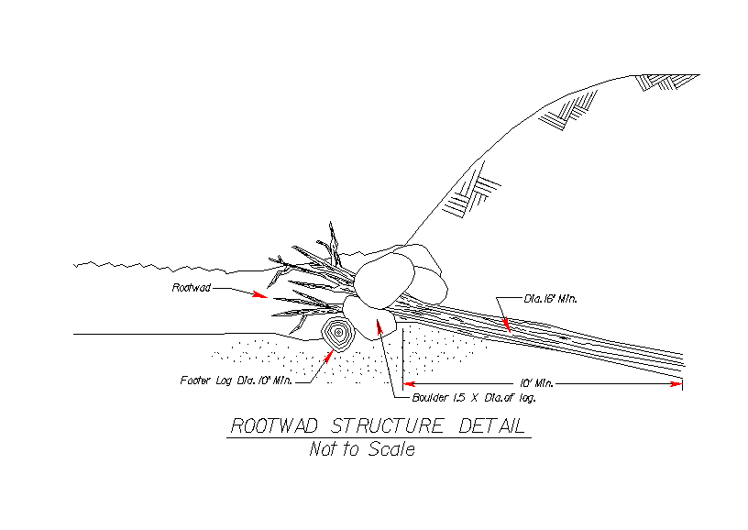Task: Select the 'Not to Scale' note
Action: (x=361, y=449)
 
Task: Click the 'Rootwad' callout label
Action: (x=191, y=288)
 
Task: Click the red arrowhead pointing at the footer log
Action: (x=329, y=354)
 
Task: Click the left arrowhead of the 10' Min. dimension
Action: (x=410, y=384)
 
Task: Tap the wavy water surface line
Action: (x=147, y=267)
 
